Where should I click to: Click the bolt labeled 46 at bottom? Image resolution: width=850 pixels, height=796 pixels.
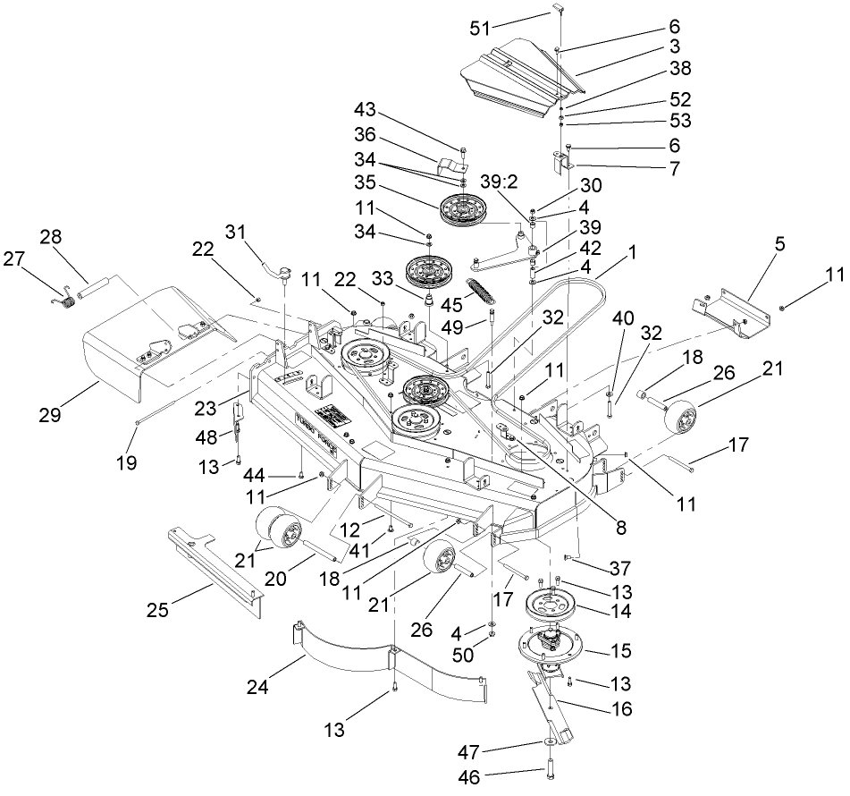pyautogui.click(x=547, y=771)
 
